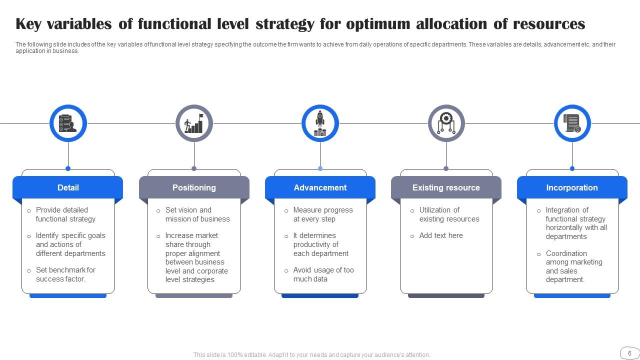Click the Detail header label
[x=68, y=187]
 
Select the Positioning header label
[x=194, y=187]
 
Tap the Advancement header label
[x=320, y=187]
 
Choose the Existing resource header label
[x=446, y=187]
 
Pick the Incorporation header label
[x=572, y=187]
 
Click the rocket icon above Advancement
[x=320, y=123]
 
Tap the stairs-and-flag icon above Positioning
[x=194, y=123]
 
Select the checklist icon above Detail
[x=67, y=123]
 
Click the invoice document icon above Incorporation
[x=572, y=123]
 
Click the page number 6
[x=629, y=353]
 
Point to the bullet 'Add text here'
[x=441, y=235]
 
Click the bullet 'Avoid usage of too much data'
[x=323, y=274]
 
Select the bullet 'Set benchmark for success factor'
[x=65, y=274]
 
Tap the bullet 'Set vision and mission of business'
[x=197, y=214]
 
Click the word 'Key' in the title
[x=28, y=24]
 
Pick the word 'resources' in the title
[x=549, y=24]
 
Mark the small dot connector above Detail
[x=68, y=168]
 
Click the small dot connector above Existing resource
[x=446, y=168]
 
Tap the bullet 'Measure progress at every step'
[x=323, y=214]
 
